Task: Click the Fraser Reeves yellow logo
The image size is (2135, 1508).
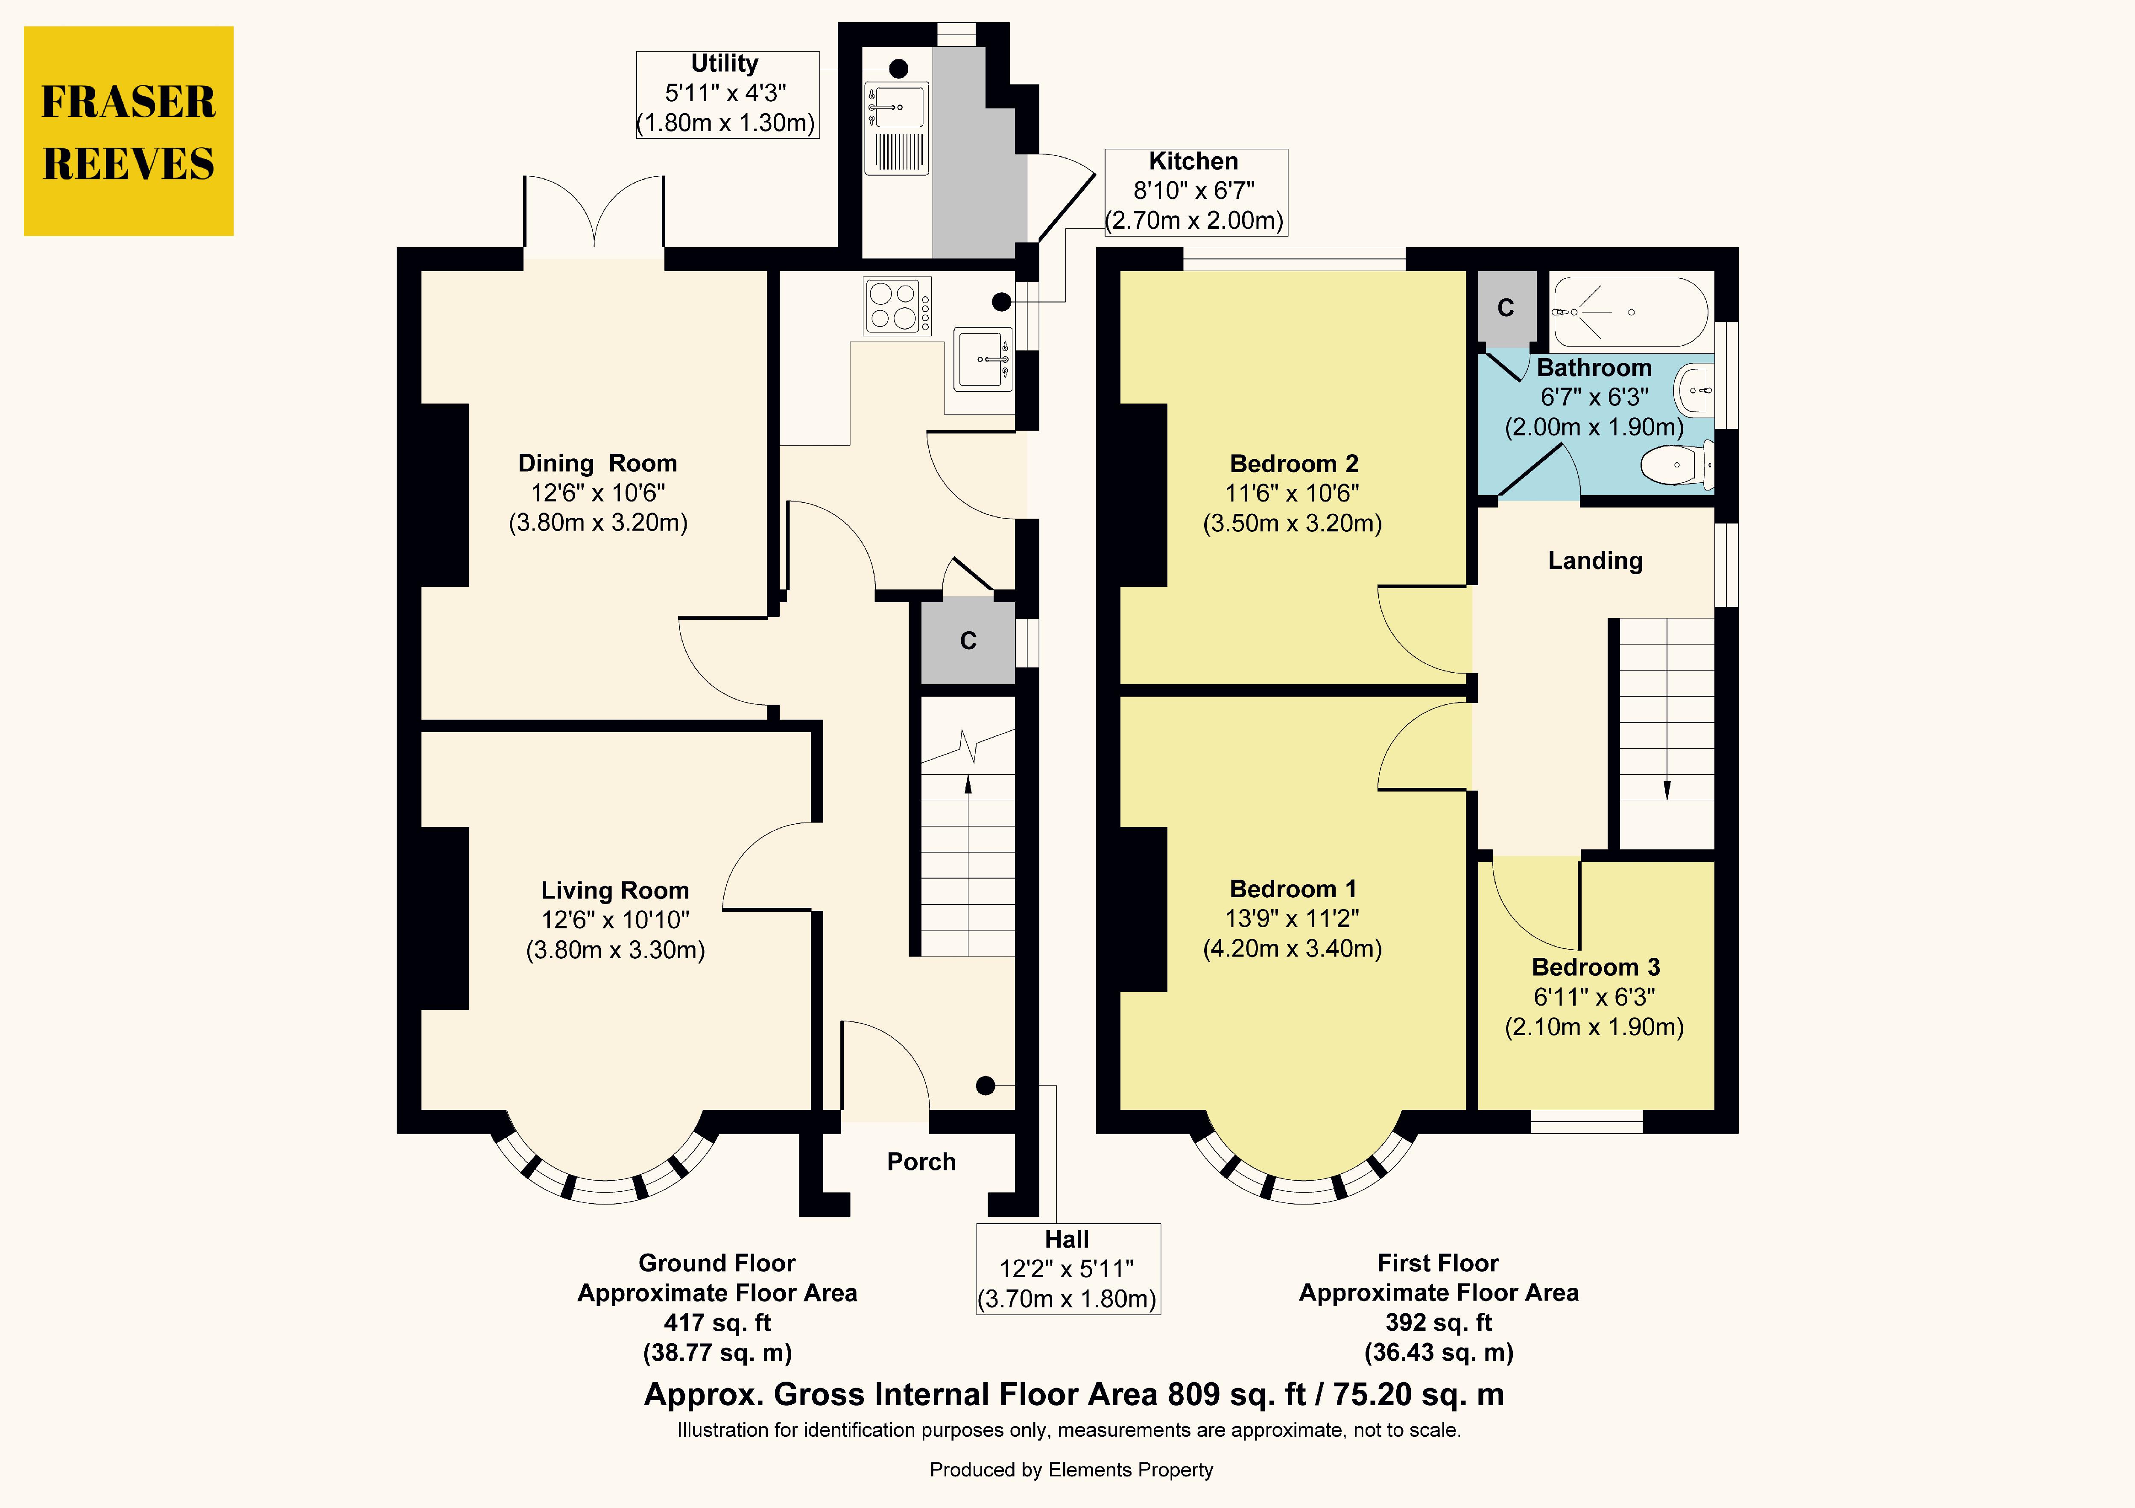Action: click(129, 131)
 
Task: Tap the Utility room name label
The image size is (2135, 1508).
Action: click(724, 63)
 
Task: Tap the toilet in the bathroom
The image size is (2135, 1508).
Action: click(1679, 464)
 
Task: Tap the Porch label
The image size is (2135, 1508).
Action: click(921, 1162)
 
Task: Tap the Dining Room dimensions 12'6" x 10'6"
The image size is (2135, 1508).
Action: click(598, 493)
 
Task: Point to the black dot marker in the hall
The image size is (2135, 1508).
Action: click(986, 1085)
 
